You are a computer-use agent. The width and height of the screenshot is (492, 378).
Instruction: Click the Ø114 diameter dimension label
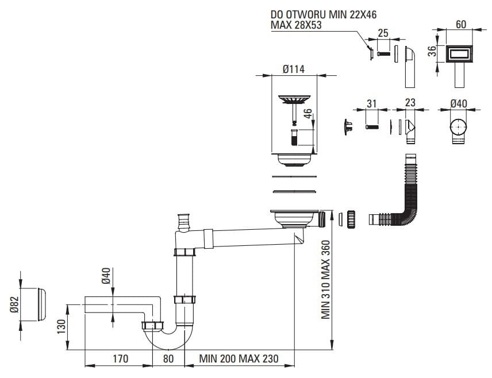point(293,70)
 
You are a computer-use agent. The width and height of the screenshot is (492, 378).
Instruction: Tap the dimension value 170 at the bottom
point(120,360)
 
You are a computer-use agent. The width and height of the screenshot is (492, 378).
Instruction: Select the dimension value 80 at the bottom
point(168,360)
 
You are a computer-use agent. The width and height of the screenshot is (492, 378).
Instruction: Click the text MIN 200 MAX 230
point(239,360)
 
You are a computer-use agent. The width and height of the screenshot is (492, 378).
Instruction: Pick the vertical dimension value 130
point(68,329)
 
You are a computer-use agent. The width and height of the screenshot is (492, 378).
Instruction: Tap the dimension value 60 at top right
point(461,24)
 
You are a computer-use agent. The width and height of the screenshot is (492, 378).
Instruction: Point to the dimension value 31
point(371,103)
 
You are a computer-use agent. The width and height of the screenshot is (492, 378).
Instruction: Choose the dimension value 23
point(410,103)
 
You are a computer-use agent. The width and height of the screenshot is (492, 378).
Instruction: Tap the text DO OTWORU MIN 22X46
point(327,14)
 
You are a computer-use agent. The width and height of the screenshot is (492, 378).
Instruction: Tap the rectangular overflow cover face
point(460,55)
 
